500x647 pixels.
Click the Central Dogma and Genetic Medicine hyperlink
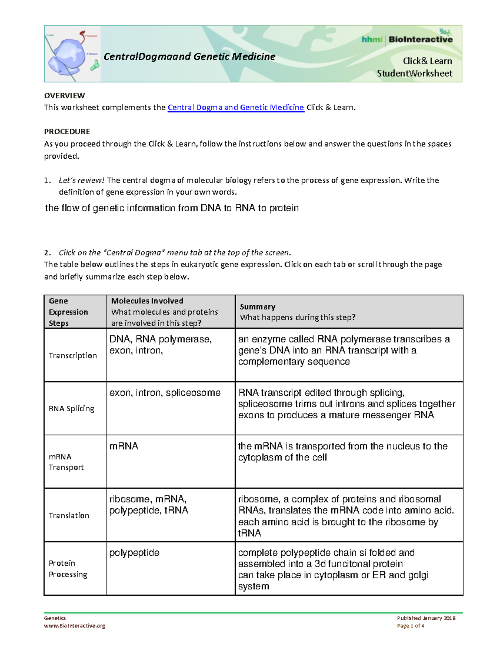tap(235, 107)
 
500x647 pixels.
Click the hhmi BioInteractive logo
tap(407, 40)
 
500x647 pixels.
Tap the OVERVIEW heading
tap(65, 95)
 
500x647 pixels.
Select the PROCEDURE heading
tap(67, 132)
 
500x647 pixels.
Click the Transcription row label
tap(72, 355)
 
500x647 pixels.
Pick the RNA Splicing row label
tap(71, 409)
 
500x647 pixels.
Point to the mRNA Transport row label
tap(66, 462)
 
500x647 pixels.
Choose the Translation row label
tap(69, 515)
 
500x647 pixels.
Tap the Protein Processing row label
tap(67, 569)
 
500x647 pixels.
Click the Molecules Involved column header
tap(147, 301)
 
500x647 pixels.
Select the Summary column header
tap(257, 307)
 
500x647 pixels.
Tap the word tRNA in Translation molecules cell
tap(176, 510)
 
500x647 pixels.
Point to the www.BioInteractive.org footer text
tap(74, 626)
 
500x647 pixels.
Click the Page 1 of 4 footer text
tap(410, 626)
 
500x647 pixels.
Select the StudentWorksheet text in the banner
tap(414, 74)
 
